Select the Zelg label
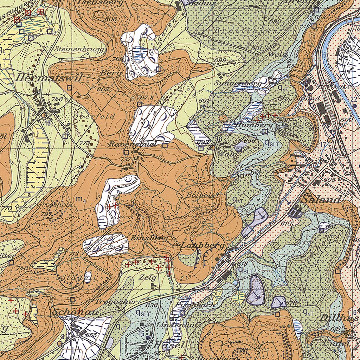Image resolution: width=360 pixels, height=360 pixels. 148,277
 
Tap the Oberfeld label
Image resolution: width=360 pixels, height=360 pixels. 94,116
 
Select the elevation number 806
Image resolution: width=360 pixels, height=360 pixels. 110,19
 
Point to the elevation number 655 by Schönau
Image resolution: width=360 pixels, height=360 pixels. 91,335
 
